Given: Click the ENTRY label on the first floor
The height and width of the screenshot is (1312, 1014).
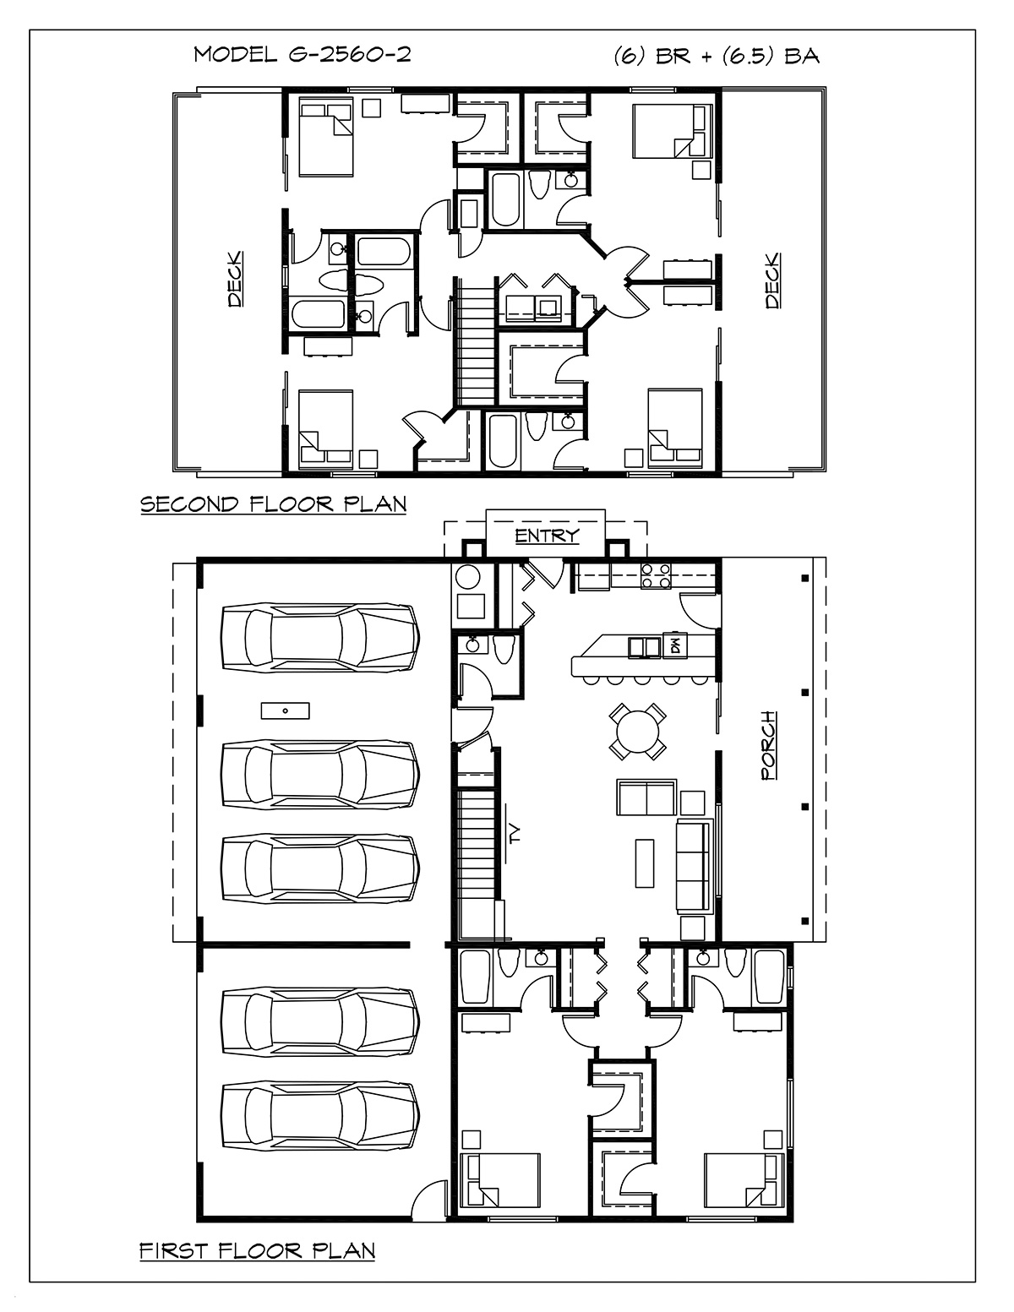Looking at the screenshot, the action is click(547, 536).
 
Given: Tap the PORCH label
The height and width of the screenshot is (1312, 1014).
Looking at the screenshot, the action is click(768, 746).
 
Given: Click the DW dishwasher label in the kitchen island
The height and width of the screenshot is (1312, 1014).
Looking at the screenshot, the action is click(675, 646).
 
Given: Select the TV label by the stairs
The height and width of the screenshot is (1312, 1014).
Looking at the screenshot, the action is click(515, 835).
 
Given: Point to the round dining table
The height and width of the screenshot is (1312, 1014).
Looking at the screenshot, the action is click(637, 731).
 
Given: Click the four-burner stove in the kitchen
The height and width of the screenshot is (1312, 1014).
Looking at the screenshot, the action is click(655, 575).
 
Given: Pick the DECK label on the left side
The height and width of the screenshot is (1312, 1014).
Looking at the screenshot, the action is click(236, 279).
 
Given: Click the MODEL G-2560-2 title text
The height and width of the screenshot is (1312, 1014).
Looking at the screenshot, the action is click(302, 55).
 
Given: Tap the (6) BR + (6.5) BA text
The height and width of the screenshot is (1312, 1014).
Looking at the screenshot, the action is click(717, 56).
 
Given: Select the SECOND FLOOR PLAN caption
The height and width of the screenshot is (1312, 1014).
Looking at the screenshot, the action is click(273, 504).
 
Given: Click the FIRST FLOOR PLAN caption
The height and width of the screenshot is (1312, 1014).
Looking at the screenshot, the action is click(257, 1250).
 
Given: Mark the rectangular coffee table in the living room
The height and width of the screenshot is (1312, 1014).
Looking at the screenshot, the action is click(645, 863).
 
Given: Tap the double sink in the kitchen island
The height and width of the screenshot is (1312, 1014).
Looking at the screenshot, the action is click(645, 647).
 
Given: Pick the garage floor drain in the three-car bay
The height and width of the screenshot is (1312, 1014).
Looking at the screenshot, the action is click(285, 710).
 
